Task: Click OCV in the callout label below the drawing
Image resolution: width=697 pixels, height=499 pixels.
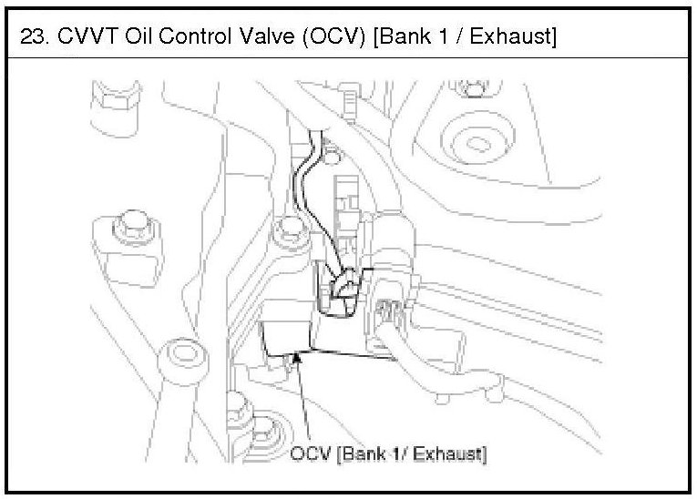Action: point(310,453)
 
